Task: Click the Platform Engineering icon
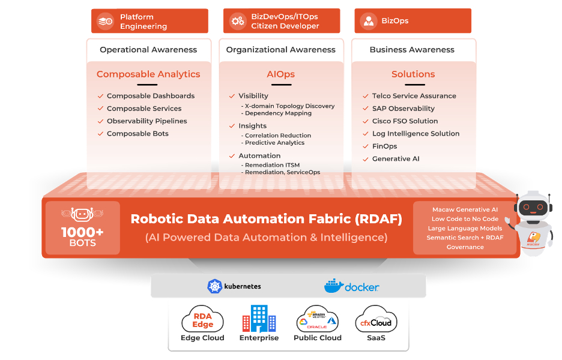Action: coord(106,21)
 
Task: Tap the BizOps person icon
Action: coord(368,21)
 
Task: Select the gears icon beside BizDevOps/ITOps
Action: coord(238,21)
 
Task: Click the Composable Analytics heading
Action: coord(148,74)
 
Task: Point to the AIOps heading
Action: coord(281,74)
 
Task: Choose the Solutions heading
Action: coord(413,74)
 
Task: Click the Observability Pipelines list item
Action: coord(147,121)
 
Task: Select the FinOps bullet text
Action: coord(384,146)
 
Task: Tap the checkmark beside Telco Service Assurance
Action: coord(365,96)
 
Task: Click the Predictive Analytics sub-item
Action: coord(274,143)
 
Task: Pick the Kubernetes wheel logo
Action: coord(215,286)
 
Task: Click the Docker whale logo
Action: coord(333,286)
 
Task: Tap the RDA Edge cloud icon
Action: coord(202,319)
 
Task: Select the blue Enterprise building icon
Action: coord(259,318)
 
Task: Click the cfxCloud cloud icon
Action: coord(376,319)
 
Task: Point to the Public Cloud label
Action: coord(317,338)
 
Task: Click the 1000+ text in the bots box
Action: coord(82,232)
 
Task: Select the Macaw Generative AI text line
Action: coord(465,209)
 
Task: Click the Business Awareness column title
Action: coord(412,50)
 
